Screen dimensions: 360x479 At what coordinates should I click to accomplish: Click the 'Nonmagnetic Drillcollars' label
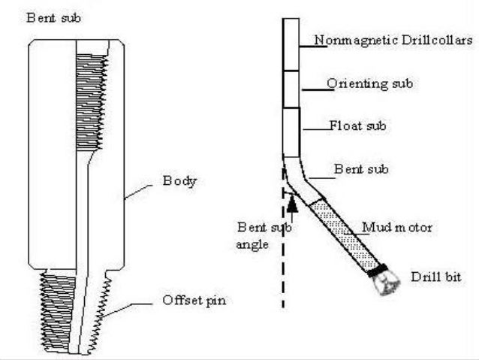[x=393, y=41]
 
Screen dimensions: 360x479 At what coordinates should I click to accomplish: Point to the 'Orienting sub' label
[x=369, y=83]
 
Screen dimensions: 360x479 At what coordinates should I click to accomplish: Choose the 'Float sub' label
[x=357, y=126]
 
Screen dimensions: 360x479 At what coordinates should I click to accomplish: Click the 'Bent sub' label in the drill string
[x=360, y=170]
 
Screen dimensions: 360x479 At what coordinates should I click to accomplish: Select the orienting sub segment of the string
[x=291, y=89]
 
